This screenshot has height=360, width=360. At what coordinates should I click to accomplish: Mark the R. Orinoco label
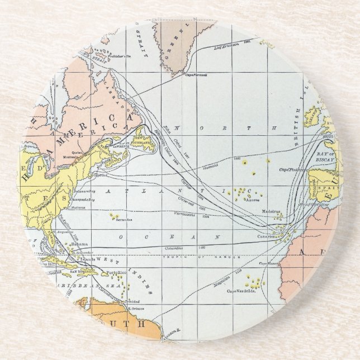click(x=136, y=309)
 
